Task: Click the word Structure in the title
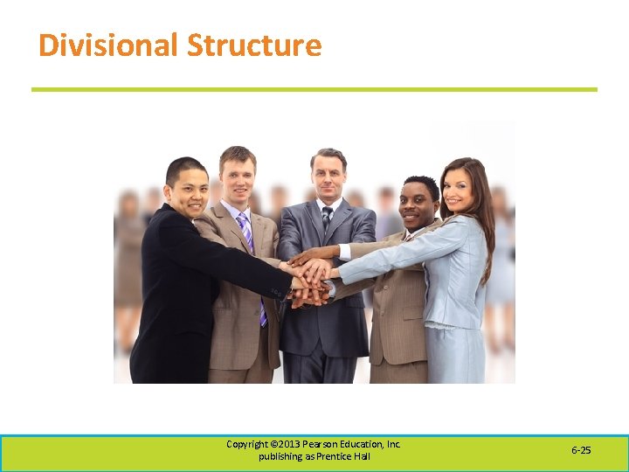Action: point(254,45)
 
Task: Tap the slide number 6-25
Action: point(581,450)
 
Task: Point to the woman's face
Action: point(459,186)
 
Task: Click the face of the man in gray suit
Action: point(328,177)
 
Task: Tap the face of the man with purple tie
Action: point(237,177)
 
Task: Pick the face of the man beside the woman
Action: point(418,206)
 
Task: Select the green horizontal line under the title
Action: point(314,89)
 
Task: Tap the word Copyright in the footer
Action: point(247,444)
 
